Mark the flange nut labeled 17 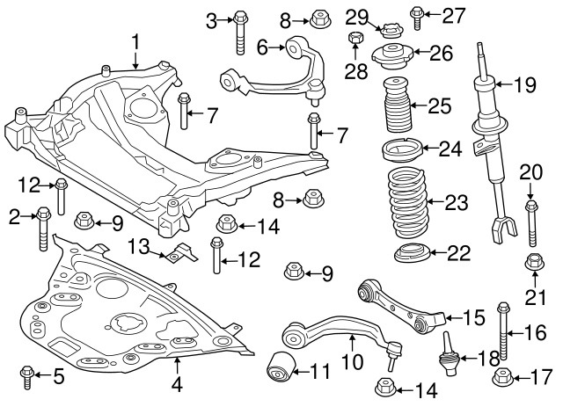(503, 378)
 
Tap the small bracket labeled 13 (178, 255)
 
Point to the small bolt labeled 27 (417, 14)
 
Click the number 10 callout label (351, 360)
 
